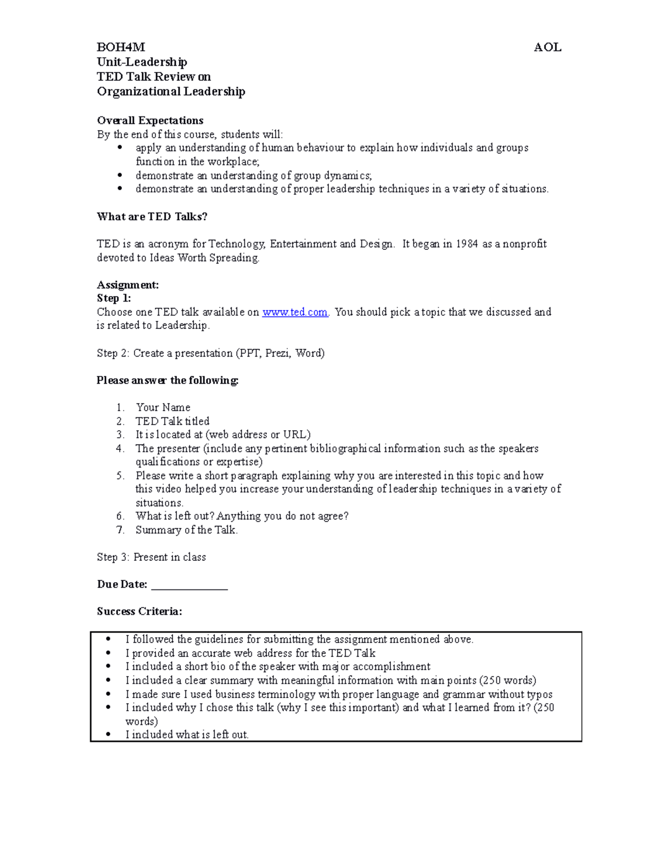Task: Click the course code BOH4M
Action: click(121, 48)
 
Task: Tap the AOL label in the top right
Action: click(547, 48)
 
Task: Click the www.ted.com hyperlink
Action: click(295, 312)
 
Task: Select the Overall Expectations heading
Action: click(150, 120)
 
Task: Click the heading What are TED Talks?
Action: click(152, 216)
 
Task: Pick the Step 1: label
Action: click(114, 298)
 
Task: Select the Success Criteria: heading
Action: click(139, 611)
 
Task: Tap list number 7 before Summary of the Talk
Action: click(120, 530)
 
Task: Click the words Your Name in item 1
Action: click(163, 408)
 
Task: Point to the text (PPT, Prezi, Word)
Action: click(280, 353)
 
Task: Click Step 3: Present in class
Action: click(151, 557)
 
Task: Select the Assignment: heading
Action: click(127, 285)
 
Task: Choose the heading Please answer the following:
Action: click(167, 380)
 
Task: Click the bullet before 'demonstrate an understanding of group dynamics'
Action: click(120, 175)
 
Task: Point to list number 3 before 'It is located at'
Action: click(120, 434)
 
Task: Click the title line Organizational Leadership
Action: click(171, 91)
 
